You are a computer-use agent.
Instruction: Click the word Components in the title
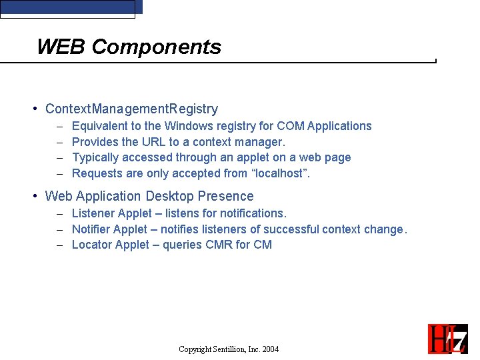pos(156,47)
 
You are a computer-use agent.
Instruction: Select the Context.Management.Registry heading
pos(131,109)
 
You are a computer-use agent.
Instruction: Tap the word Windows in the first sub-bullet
pos(187,126)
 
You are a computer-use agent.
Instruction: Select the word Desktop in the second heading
pos(167,196)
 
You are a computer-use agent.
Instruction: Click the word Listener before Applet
pos(93,213)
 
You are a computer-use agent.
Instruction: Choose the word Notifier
pos(91,229)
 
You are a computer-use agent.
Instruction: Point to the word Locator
pos(92,245)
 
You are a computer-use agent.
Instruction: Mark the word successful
pos(291,229)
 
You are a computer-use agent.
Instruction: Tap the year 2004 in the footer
pos(270,349)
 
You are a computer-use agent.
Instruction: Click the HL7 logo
pos(447,339)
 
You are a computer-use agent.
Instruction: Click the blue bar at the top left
pos(71,7)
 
